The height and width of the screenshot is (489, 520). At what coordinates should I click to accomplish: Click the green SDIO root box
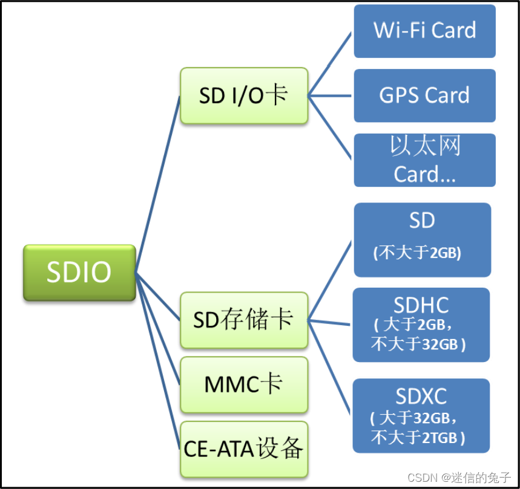[x=79, y=273]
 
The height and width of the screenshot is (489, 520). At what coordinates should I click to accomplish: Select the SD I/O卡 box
[x=244, y=96]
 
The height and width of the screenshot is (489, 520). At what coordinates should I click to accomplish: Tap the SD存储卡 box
[x=244, y=320]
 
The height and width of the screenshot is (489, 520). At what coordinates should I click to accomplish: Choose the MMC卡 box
[x=244, y=385]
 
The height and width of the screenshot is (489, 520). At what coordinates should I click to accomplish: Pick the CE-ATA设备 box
[x=244, y=449]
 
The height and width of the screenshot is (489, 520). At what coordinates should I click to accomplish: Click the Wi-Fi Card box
[x=424, y=31]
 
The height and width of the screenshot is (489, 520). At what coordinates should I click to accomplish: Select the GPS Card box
[x=424, y=96]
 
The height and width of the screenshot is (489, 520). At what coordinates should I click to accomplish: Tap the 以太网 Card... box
[x=424, y=160]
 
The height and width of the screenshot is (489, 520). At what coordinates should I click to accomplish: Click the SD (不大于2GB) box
[x=422, y=239]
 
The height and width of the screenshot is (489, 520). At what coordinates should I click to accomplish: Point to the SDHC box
[x=421, y=325]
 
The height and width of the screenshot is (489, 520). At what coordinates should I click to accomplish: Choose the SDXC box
[x=421, y=415]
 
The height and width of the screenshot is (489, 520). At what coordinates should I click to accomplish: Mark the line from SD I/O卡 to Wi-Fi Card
[x=330, y=63]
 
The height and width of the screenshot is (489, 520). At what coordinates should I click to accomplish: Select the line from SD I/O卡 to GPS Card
[x=330, y=96]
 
